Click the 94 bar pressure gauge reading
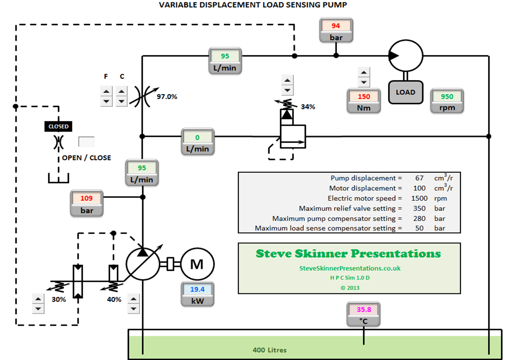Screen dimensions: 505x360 click(336, 26)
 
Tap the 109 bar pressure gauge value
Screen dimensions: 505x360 click(87, 198)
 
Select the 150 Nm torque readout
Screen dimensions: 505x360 click(364, 96)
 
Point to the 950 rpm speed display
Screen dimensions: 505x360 click(447, 96)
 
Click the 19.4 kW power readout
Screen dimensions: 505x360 click(197, 289)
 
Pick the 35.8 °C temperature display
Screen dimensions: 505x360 click(364, 309)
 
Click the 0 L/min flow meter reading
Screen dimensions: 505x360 click(197, 137)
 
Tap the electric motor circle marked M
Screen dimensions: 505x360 click(197, 264)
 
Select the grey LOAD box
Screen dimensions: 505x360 click(406, 92)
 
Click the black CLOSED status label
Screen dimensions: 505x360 click(58, 126)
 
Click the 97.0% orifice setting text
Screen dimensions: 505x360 click(167, 96)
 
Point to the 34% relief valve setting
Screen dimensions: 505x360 click(308, 107)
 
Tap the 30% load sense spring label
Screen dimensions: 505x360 click(59, 299)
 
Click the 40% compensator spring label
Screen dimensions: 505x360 click(114, 299)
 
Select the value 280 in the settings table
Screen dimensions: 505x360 click(419, 219)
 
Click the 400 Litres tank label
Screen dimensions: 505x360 click(270, 350)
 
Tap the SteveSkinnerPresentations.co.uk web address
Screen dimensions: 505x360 click(350, 268)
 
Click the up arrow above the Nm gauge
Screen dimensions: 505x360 click(364, 73)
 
